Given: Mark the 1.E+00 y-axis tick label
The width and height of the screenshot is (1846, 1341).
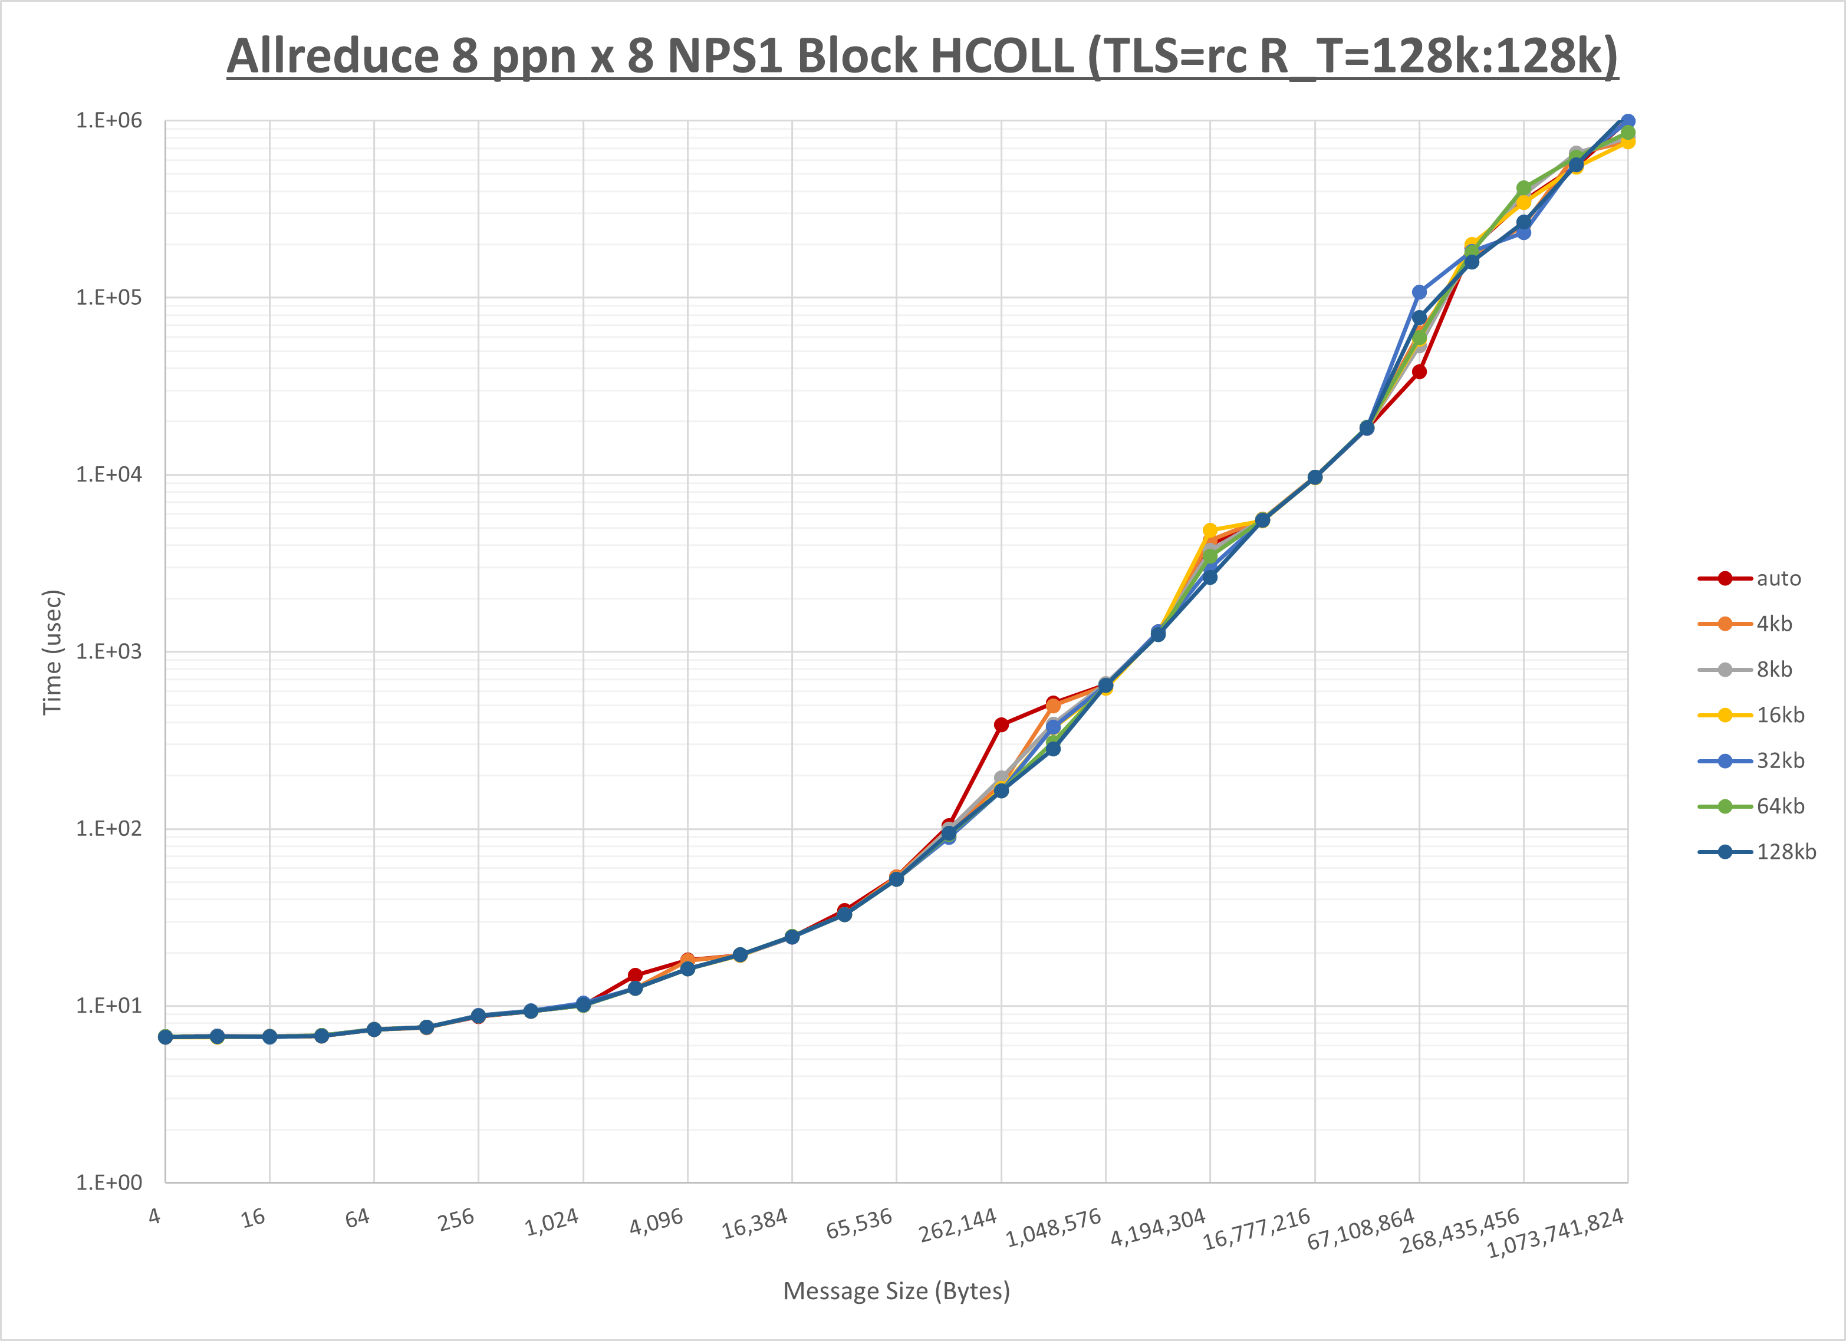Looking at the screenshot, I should pos(108,1182).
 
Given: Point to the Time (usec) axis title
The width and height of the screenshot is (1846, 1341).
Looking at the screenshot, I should pos(52,652).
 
